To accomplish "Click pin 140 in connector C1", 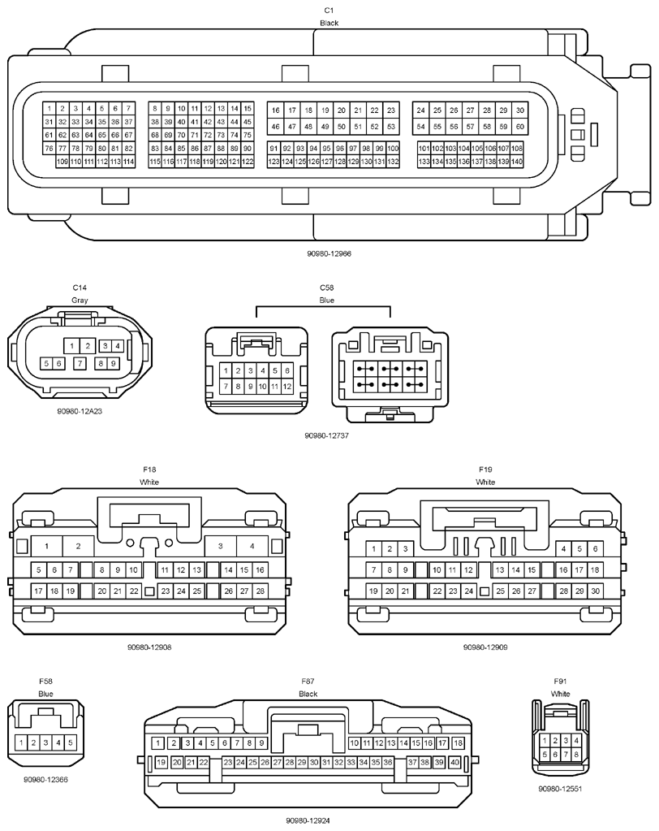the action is tap(517, 162).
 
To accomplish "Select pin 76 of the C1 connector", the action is tap(50, 149).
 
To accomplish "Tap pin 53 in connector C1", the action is tap(391, 127).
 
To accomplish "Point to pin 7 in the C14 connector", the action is tap(80, 364).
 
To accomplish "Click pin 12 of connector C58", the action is tap(286, 387).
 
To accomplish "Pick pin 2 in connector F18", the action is tap(79, 546).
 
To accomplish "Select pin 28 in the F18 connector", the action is tap(260, 591).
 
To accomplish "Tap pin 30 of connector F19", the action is tap(595, 591).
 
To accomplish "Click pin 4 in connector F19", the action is tap(564, 549).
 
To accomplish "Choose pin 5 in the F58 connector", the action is tap(71, 742).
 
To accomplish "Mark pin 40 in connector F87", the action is tap(454, 763).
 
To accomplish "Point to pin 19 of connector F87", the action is tap(161, 763).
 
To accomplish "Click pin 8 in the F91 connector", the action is tap(576, 754).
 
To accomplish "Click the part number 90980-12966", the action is tap(329, 254).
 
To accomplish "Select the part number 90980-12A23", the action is tap(80, 411).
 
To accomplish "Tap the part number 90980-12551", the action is tap(560, 789).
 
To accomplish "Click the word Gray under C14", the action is tap(80, 300).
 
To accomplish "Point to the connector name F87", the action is tap(308, 682).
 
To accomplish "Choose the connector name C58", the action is tap(327, 288).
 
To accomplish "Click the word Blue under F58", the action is tap(45, 694).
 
